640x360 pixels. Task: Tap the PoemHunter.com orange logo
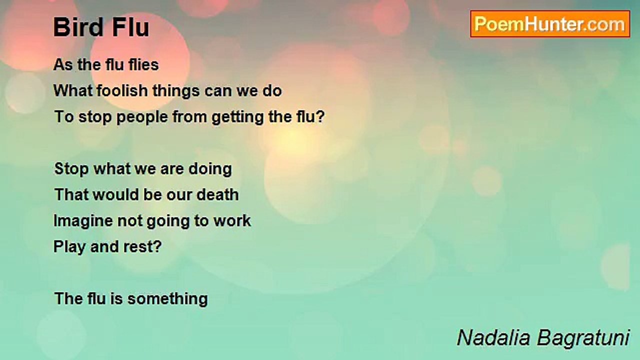tap(550, 24)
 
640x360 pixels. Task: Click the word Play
tap(69, 247)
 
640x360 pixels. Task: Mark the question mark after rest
tap(157, 246)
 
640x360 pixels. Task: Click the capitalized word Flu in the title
tap(130, 27)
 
